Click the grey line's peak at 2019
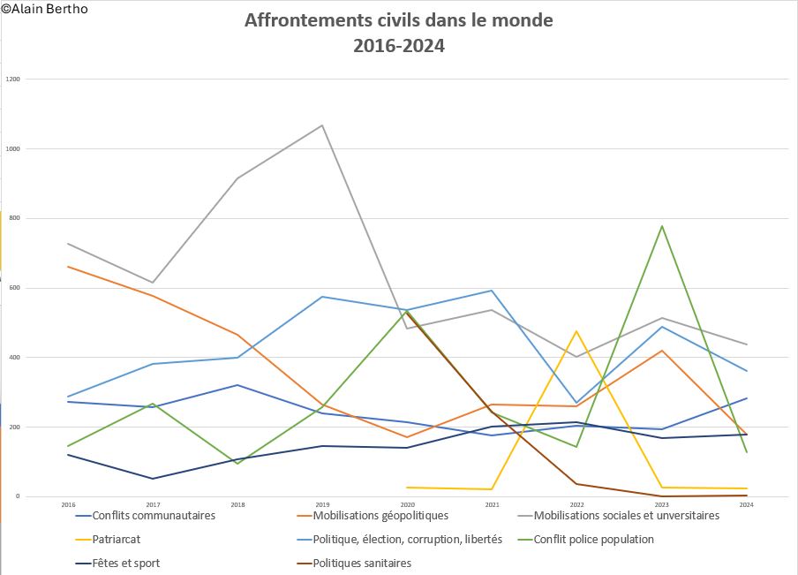click(x=322, y=125)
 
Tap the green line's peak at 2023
click(x=661, y=226)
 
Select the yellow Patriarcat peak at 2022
click(x=576, y=331)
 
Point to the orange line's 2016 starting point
click(x=68, y=266)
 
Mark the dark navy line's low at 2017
click(x=153, y=479)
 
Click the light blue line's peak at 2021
click(x=492, y=291)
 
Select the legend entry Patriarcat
click(x=117, y=539)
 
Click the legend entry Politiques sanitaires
click(x=362, y=563)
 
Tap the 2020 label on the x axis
click(x=407, y=504)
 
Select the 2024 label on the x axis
click(x=746, y=504)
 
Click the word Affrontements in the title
click(x=301, y=20)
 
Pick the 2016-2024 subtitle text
click(x=399, y=46)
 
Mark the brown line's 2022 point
click(x=576, y=484)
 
